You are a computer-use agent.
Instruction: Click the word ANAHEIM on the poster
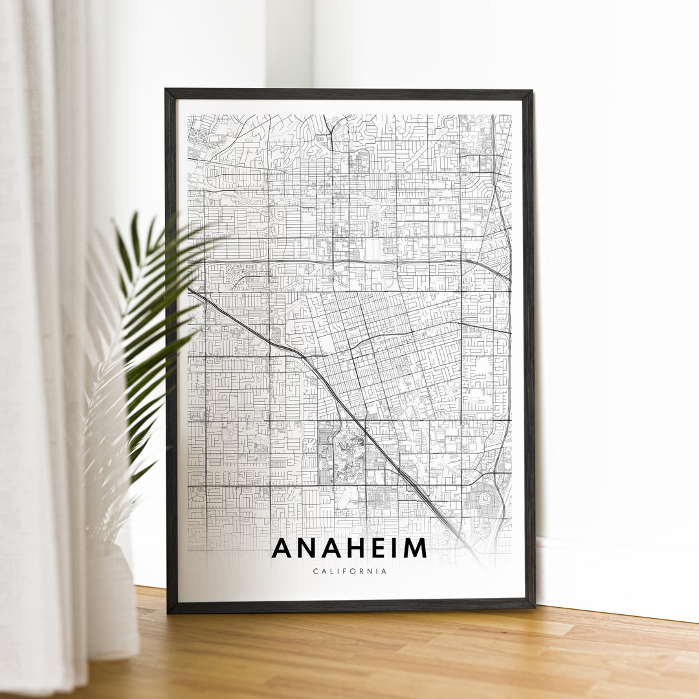pos(349,548)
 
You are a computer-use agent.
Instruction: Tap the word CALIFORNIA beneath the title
pos(349,571)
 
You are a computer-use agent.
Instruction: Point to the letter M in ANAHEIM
pos(414,548)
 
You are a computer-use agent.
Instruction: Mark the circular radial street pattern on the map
pos(310,446)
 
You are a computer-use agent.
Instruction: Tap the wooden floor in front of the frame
pos(388,654)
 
